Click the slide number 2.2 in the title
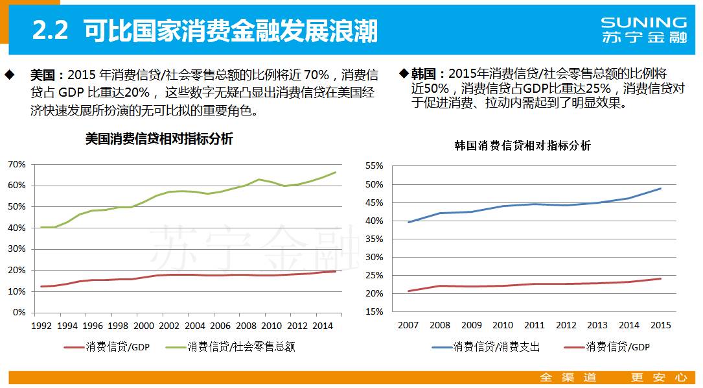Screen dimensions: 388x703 (51, 30)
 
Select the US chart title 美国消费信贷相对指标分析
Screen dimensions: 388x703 (159, 139)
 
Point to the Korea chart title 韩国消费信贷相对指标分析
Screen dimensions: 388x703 (522, 145)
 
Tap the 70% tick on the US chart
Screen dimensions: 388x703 (17, 164)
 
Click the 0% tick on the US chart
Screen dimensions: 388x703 (19, 313)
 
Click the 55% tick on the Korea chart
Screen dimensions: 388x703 (375, 166)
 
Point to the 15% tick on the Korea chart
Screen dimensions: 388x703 (375, 311)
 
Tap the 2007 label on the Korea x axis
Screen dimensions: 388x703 (408, 324)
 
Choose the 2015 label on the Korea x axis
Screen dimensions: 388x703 (660, 324)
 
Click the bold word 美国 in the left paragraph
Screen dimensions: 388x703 (43, 75)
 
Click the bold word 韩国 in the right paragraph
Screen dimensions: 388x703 (424, 74)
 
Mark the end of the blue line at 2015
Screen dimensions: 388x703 (660, 189)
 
